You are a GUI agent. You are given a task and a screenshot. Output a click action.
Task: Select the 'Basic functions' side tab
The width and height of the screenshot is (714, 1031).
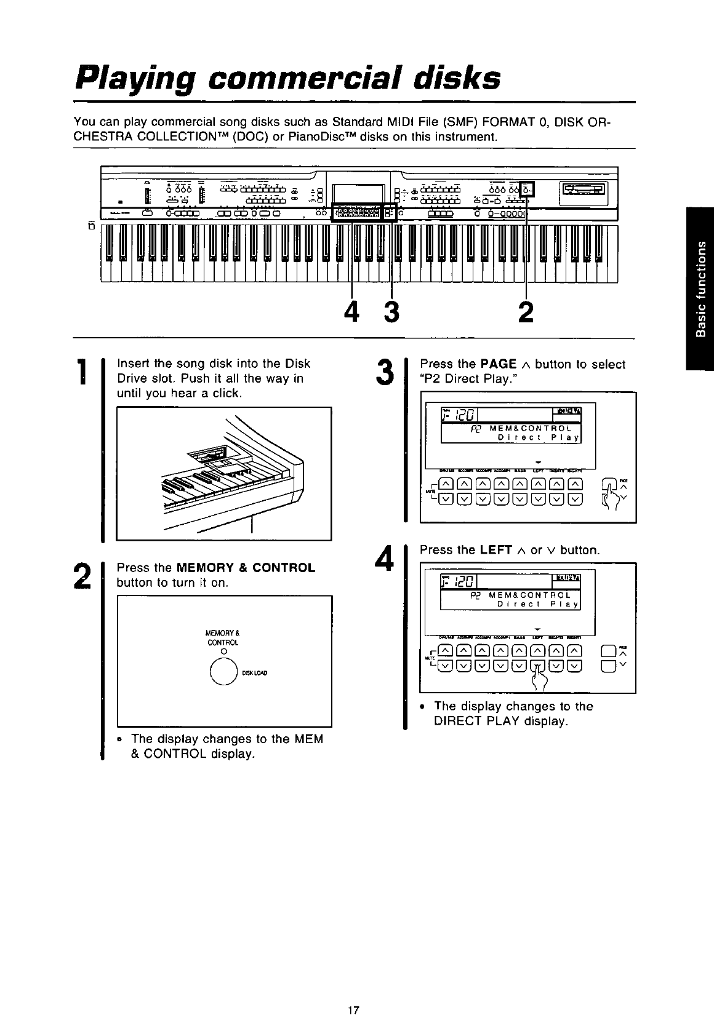(699, 289)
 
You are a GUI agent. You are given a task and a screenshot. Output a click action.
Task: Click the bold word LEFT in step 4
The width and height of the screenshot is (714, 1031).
(496, 550)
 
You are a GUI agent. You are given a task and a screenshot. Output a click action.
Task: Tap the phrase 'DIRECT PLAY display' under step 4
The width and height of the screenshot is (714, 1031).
(500, 721)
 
